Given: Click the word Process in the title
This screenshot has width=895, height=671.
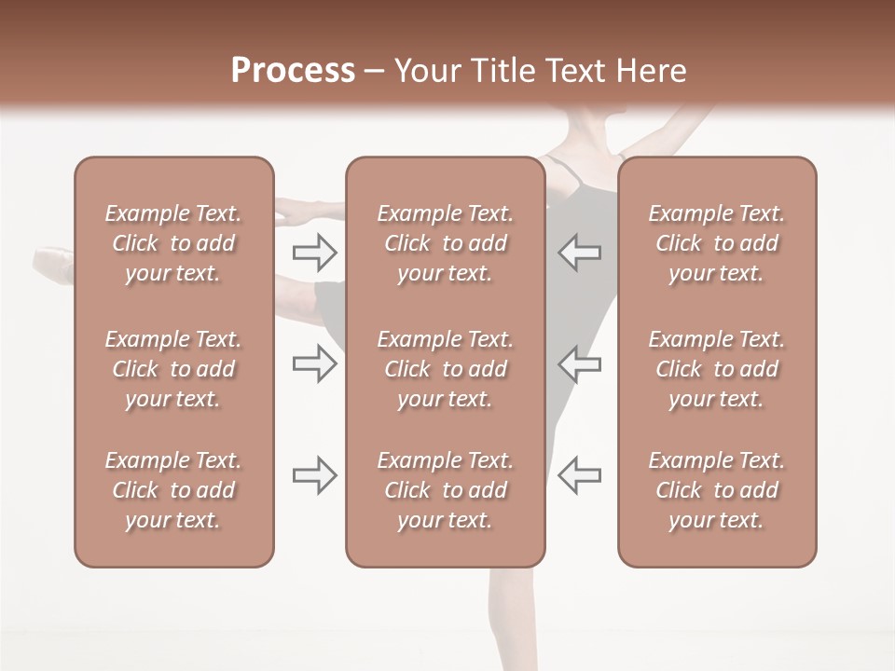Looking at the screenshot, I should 293,71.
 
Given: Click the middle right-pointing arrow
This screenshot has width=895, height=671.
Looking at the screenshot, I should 314,363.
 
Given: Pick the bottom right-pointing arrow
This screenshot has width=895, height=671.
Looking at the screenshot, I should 314,475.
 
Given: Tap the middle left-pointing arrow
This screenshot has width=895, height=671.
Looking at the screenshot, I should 580,363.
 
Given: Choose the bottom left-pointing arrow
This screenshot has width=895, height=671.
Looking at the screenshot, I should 580,475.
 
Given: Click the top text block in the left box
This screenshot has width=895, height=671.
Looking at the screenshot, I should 173,243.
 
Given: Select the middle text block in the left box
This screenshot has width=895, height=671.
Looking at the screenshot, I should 173,369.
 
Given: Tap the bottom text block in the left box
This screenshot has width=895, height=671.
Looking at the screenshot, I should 173,490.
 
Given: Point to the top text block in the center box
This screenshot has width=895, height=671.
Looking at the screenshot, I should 445,243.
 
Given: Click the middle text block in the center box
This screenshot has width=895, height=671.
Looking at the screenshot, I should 445,369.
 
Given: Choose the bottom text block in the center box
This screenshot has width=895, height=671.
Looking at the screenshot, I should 445,490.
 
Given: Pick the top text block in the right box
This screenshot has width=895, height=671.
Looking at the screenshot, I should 717,243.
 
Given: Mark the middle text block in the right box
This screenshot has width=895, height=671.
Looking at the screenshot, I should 717,369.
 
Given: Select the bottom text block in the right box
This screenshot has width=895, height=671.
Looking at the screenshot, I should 717,490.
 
